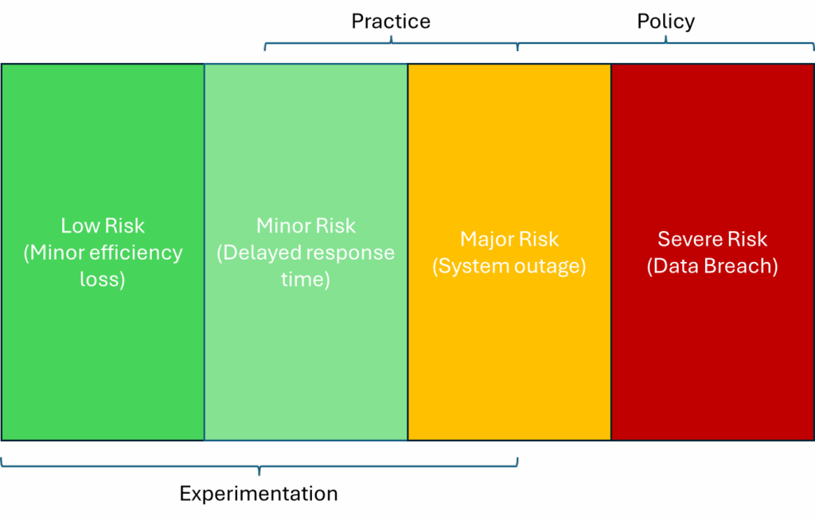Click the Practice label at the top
tap(391, 22)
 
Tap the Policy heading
tap(665, 22)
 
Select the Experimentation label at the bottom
tap(259, 494)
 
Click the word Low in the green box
tap(79, 225)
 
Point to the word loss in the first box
tap(102, 280)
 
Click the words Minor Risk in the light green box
tap(306, 225)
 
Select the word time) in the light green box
tap(306, 280)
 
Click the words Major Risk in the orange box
tap(509, 239)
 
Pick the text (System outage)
tap(509, 266)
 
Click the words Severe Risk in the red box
tap(712, 239)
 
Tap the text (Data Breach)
tap(712, 266)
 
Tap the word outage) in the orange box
tap(552, 266)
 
